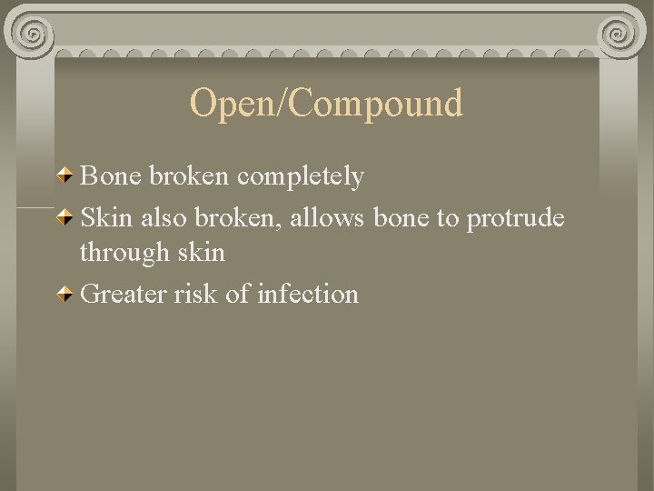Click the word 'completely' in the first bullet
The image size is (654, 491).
click(x=301, y=176)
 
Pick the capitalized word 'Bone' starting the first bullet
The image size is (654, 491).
click(x=108, y=175)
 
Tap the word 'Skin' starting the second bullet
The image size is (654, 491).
click(x=106, y=218)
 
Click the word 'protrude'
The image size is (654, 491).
click(x=515, y=220)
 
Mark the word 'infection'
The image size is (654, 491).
click(x=308, y=294)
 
